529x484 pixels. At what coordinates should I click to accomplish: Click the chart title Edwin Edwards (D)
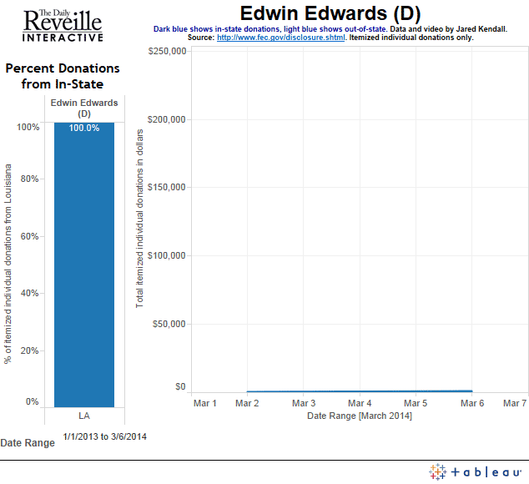click(x=330, y=13)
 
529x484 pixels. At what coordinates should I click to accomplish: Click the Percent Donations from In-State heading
click(x=63, y=76)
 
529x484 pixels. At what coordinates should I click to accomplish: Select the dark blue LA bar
click(x=84, y=267)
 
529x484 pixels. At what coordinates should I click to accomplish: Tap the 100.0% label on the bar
click(x=84, y=129)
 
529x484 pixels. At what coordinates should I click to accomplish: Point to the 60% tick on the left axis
click(x=29, y=236)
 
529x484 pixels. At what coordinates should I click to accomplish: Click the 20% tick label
click(x=29, y=350)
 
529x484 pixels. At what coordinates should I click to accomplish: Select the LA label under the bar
click(x=84, y=415)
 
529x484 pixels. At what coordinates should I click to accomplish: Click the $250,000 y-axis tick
click(x=167, y=52)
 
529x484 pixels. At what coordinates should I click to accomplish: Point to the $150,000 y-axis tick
click(x=167, y=188)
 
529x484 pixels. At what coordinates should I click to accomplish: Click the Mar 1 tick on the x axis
click(x=204, y=403)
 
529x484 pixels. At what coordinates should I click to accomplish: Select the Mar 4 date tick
click(x=359, y=403)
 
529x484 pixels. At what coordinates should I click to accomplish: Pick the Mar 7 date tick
click(x=514, y=403)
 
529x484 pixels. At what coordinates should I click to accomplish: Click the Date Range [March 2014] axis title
click(x=359, y=416)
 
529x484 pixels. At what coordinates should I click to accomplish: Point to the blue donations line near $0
click(x=359, y=391)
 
